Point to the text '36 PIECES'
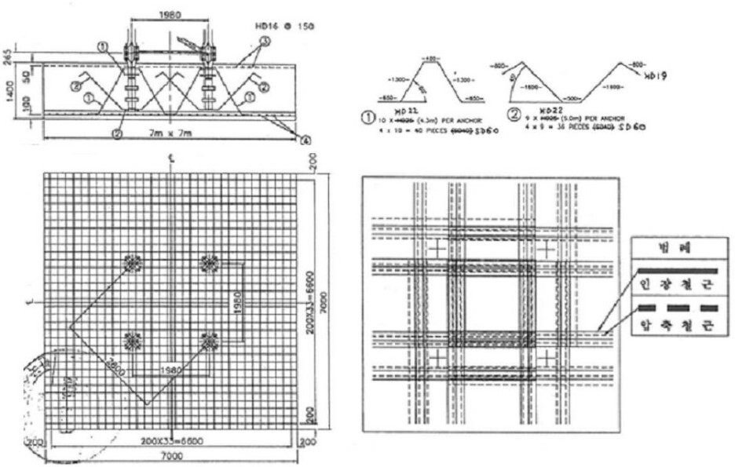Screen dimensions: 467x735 click(x=565, y=126)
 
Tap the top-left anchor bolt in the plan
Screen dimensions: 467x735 click(x=131, y=264)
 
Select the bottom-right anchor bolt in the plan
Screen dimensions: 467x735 click(x=208, y=341)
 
